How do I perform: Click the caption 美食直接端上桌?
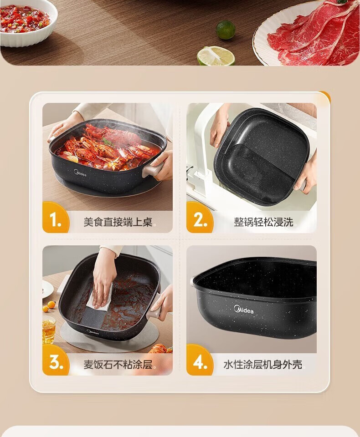pyautogui.click(x=118, y=222)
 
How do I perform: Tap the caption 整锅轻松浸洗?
pyautogui.click(x=263, y=222)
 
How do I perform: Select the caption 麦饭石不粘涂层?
pyautogui.click(x=118, y=364)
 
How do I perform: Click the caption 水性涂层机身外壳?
pyautogui.click(x=262, y=364)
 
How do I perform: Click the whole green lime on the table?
pyautogui.click(x=226, y=30)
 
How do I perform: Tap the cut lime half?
pyautogui.click(x=216, y=56)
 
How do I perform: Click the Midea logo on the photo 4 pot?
pyautogui.click(x=244, y=309)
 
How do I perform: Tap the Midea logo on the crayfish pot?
pyautogui.click(x=80, y=173)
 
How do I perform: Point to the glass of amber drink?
pyautogui.click(x=49, y=331)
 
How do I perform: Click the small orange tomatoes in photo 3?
pyautogui.click(x=49, y=306)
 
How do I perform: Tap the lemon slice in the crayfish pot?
pyautogui.click(x=72, y=158)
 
